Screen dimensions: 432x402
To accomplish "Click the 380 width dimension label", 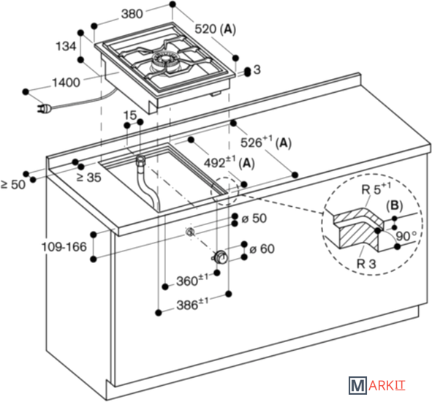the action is click(x=132, y=13).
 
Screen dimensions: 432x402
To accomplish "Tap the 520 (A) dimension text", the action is click(x=216, y=29).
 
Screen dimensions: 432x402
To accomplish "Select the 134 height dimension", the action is click(x=66, y=46).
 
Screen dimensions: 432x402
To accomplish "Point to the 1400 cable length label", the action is click(x=66, y=83).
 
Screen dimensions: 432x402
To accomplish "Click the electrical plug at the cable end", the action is click(x=45, y=109).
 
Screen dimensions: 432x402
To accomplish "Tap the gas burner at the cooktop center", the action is click(x=164, y=61).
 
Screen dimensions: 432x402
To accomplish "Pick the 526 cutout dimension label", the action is click(x=266, y=143).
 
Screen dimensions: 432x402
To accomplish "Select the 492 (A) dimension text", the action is click(x=230, y=162).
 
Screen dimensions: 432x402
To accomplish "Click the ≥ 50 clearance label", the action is click(x=13, y=184).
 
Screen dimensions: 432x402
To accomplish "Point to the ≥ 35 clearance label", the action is click(x=88, y=177).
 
